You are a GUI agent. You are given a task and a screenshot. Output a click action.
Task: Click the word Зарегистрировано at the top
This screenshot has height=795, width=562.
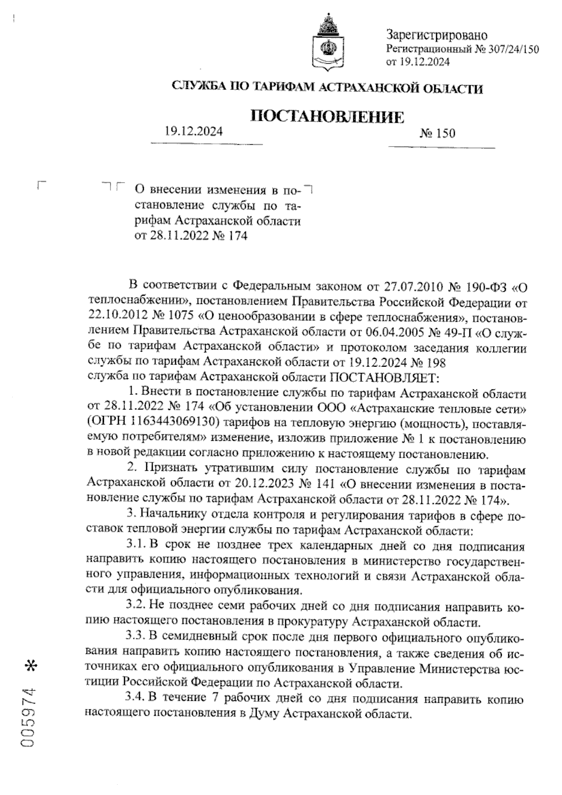[x=436, y=35]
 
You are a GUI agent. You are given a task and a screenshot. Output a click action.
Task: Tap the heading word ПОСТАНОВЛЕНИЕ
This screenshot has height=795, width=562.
[x=328, y=116]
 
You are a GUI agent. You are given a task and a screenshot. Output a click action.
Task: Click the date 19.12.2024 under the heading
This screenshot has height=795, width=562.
[x=193, y=132]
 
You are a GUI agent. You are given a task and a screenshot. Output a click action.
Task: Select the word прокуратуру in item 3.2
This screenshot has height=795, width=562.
[x=311, y=623]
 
